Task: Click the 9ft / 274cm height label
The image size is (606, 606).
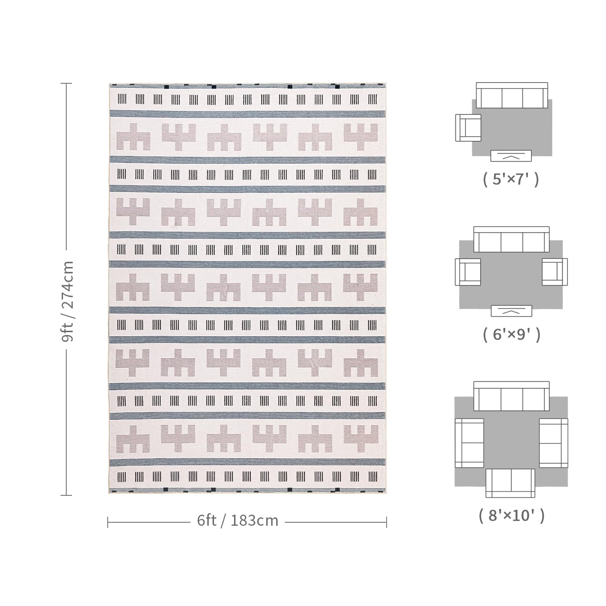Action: click(x=67, y=301)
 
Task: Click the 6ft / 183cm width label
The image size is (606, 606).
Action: click(x=237, y=520)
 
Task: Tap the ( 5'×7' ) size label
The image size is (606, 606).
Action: click(x=511, y=179)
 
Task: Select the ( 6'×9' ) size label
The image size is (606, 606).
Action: click(x=511, y=334)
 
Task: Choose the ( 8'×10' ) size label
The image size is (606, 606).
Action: click(x=511, y=515)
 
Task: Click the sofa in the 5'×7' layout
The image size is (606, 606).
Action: click(x=512, y=95)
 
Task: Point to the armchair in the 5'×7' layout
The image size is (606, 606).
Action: click(x=468, y=127)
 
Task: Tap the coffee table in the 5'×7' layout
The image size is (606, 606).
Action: click(x=511, y=156)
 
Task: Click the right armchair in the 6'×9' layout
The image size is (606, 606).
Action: click(x=555, y=272)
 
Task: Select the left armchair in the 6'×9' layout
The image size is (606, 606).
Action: click(x=468, y=272)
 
